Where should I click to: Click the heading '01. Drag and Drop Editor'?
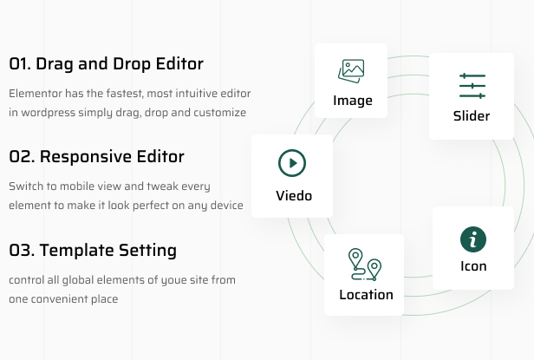106,64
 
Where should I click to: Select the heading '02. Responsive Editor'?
96,157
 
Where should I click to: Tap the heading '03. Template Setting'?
93,251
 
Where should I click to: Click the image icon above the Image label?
351,70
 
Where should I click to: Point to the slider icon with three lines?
472,86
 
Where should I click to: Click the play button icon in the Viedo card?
292,163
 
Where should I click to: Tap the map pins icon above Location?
365,264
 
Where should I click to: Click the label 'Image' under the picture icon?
352,101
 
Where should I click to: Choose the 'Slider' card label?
472,116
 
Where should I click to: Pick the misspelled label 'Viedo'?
292,195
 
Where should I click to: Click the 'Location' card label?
366,294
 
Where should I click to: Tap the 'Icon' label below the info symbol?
473,266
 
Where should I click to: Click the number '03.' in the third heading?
22,251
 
